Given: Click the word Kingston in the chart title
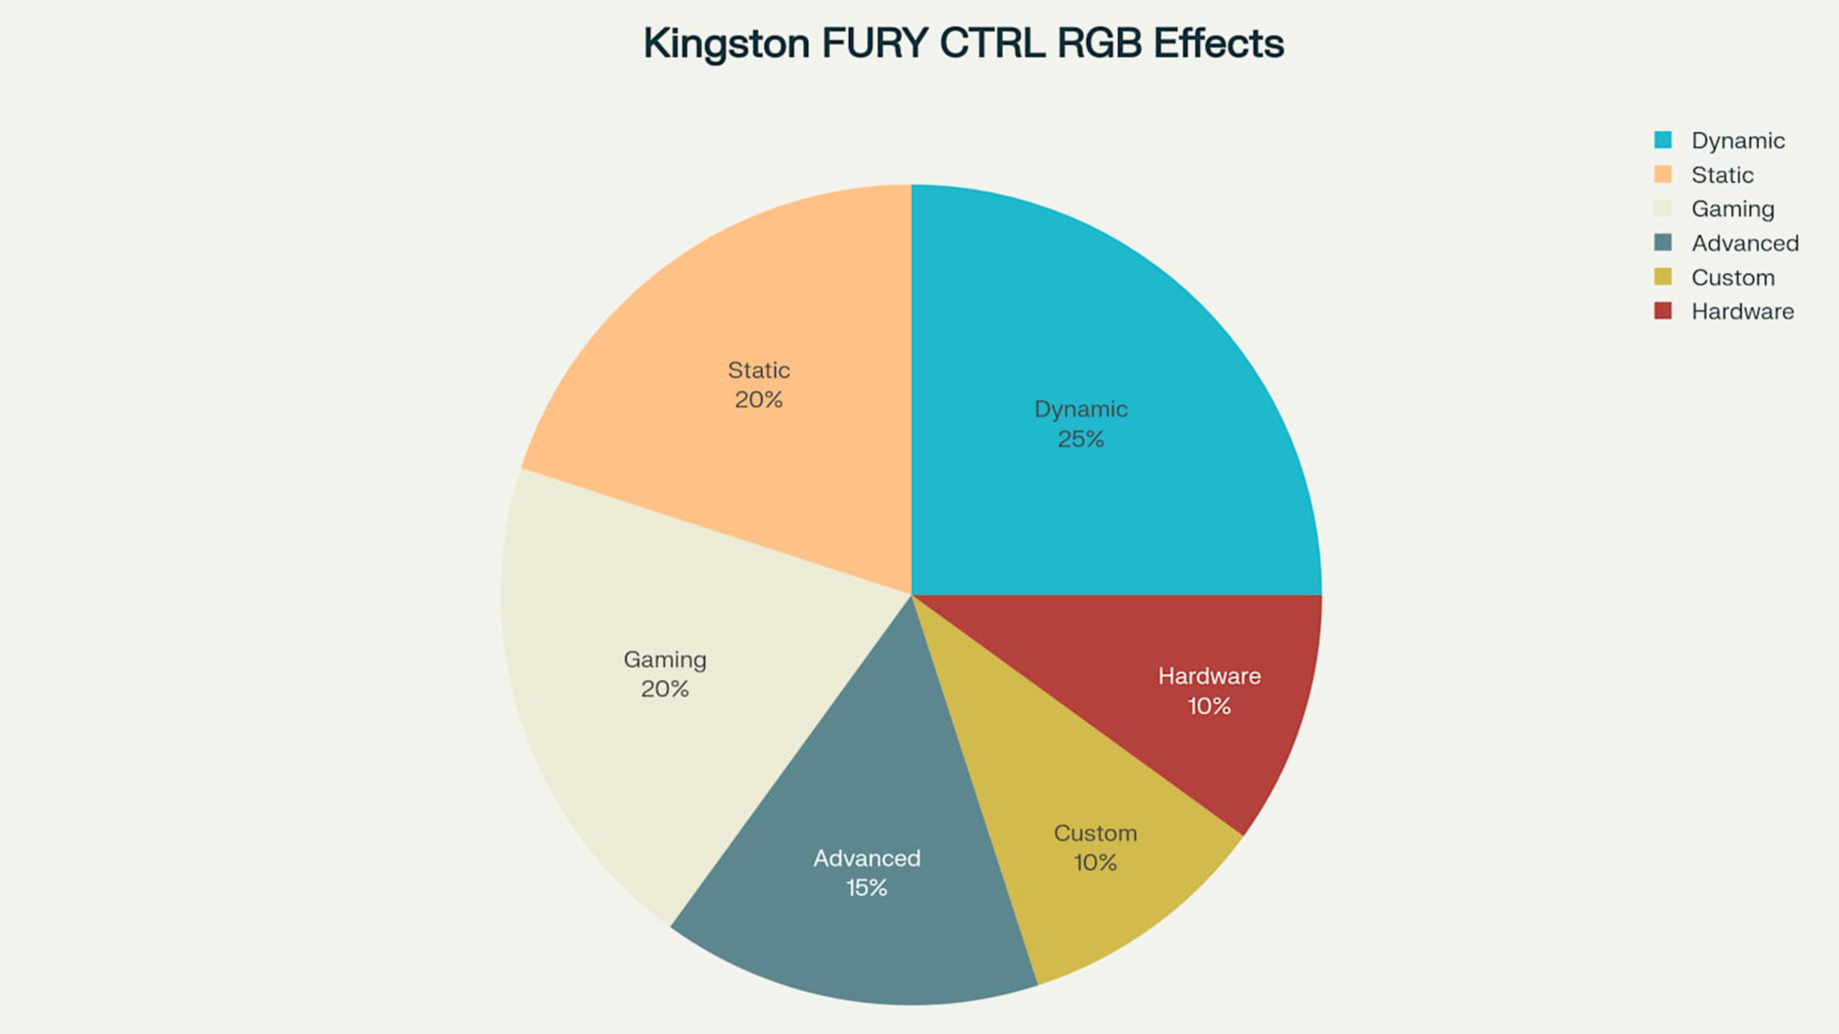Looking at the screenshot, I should (x=726, y=44).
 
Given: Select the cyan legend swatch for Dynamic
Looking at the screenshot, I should (x=1663, y=140).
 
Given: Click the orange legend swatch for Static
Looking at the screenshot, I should (x=1663, y=174).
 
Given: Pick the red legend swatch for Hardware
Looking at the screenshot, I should (x=1663, y=311).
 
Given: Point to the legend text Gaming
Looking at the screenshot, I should (x=1733, y=209).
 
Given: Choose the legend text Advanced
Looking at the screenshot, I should (x=1745, y=243).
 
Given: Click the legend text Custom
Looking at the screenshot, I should (x=1733, y=278).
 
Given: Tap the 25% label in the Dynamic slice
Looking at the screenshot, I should (x=1081, y=439).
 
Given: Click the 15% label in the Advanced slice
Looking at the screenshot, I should (x=867, y=888).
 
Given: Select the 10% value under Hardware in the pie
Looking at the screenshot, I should (x=1209, y=707).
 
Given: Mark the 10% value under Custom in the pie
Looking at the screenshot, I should (x=1095, y=863).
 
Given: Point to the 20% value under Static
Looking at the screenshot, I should (x=758, y=400).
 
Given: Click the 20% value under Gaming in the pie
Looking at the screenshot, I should (x=665, y=689).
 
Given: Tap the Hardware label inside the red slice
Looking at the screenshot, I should (x=1209, y=676).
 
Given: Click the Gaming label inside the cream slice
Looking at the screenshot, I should (x=665, y=659).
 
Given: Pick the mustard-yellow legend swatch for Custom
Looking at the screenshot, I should (x=1663, y=277).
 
